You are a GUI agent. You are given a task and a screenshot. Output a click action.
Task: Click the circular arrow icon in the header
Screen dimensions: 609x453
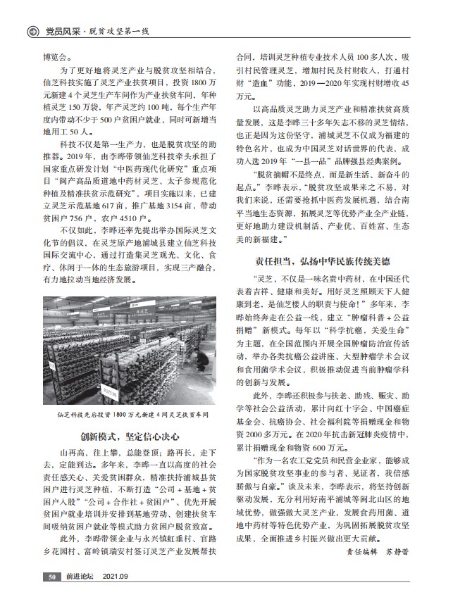pyautogui.click(x=32, y=31)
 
